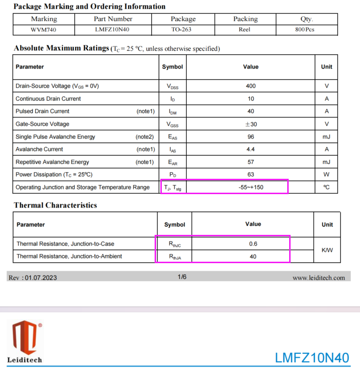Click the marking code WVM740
[x=44, y=29]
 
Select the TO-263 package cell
[x=183, y=29]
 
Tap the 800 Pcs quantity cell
[x=304, y=29]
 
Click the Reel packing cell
[x=245, y=29]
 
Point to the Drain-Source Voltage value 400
[x=250, y=86]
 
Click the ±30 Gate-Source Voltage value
[x=250, y=124]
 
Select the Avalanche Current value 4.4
[x=250, y=149]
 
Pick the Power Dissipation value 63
[x=250, y=174]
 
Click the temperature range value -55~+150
[x=250, y=187]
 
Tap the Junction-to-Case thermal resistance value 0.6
[x=253, y=243]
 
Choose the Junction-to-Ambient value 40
[x=253, y=256]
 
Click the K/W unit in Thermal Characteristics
[x=327, y=250]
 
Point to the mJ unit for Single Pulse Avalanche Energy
[x=326, y=137]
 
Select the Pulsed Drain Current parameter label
[x=43, y=111]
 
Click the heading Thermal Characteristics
[x=56, y=205]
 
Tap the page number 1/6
[x=182, y=277]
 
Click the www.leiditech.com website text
[x=318, y=278]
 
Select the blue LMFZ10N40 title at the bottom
[x=312, y=358]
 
